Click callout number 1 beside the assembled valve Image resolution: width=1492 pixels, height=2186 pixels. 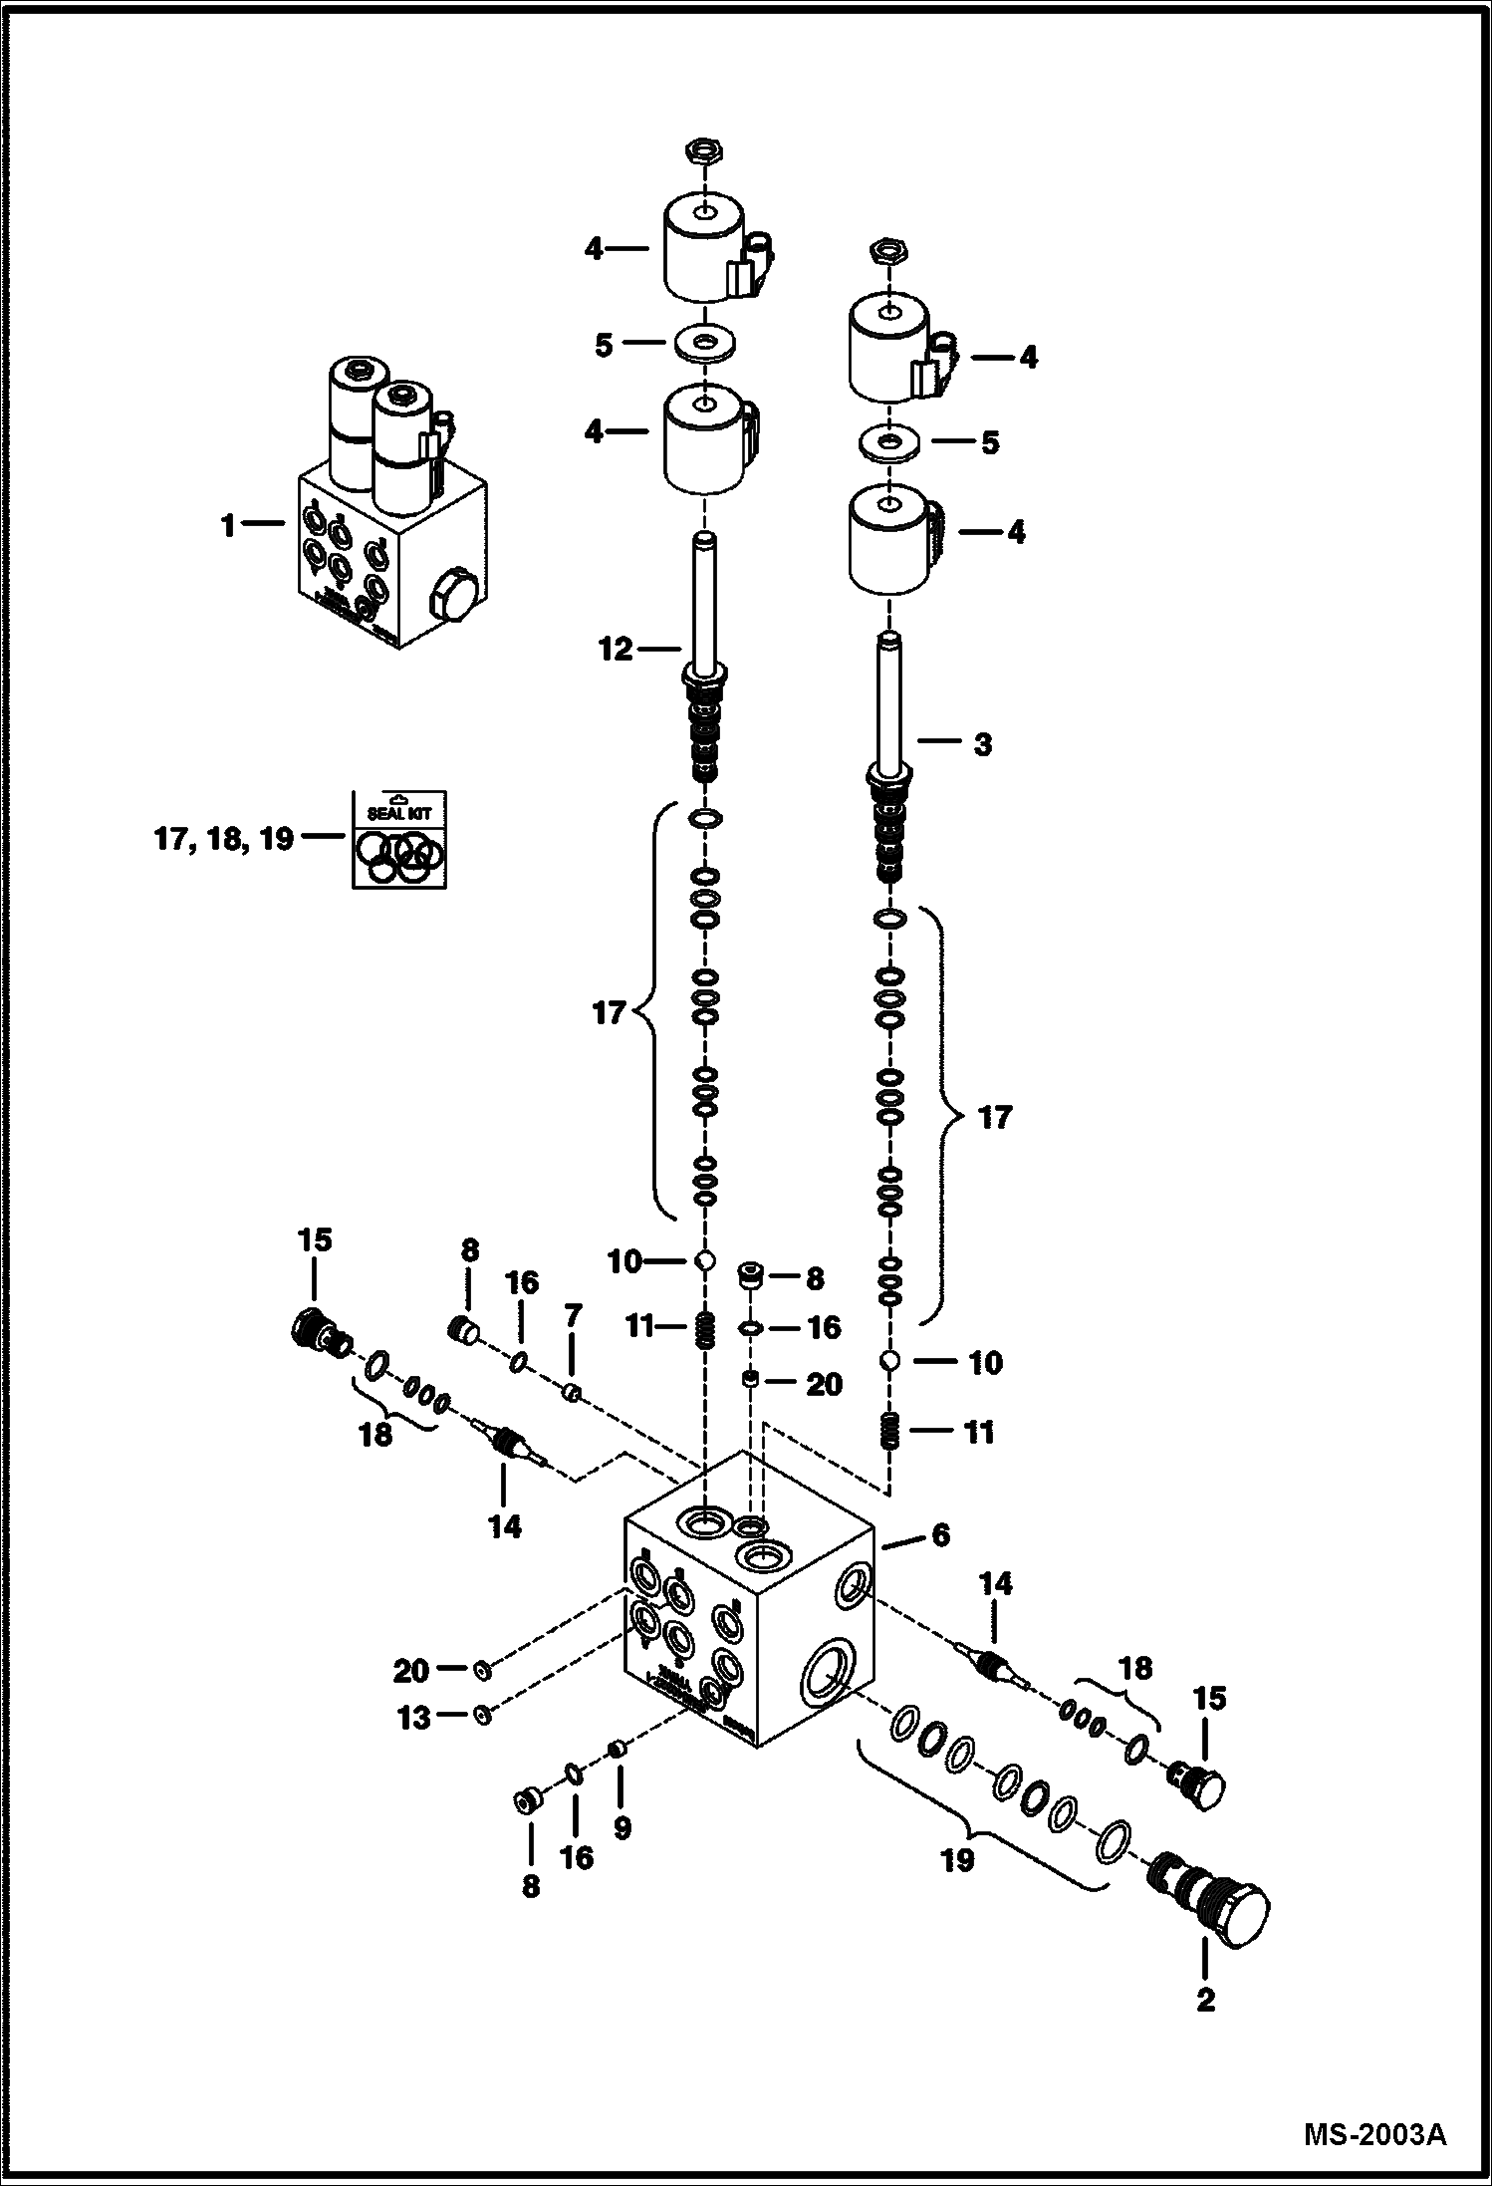point(229,525)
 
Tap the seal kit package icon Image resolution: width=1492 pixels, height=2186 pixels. point(398,839)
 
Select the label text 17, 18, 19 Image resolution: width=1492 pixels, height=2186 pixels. point(224,839)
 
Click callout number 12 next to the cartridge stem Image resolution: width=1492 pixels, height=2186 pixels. point(616,650)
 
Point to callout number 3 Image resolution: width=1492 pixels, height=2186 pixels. point(982,744)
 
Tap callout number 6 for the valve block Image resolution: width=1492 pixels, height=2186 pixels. point(940,1534)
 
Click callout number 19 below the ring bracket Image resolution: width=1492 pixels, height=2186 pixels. point(957,1860)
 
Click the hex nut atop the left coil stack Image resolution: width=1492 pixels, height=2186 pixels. point(704,152)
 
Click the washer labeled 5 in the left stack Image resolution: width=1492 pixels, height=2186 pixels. point(705,344)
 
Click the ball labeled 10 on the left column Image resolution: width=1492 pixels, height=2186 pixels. point(704,1261)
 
